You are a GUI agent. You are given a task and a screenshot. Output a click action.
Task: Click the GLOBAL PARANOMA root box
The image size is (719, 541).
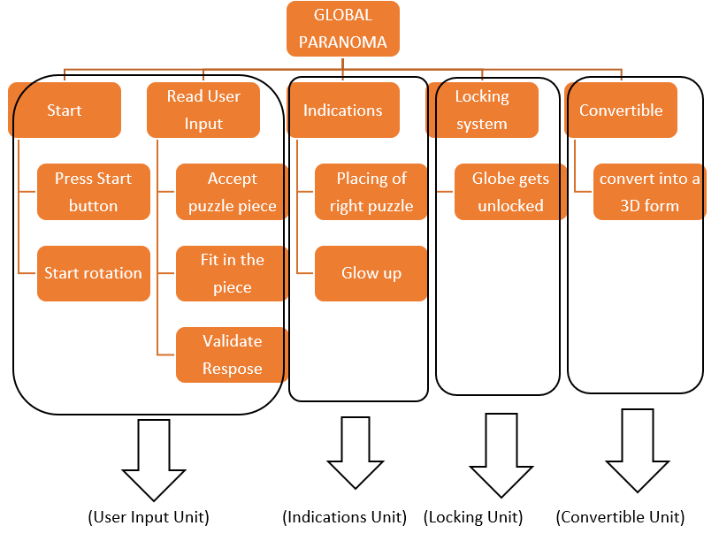coord(342,28)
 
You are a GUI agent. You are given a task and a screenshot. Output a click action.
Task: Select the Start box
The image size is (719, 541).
coord(65,110)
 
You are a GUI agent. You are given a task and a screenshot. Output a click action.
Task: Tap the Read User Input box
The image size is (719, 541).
coord(203,110)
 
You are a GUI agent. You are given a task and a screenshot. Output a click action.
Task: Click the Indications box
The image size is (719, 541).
coord(343,110)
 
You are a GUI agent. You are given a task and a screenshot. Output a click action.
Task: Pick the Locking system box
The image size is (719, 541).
coord(482,110)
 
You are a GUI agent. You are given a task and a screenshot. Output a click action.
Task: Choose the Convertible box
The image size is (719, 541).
coord(621,110)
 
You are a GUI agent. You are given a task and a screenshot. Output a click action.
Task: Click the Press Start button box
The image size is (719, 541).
coord(94,192)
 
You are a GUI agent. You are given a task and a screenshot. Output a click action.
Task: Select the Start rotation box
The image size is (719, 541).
coord(94,273)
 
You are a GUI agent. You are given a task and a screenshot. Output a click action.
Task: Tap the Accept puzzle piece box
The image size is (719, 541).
coord(232,192)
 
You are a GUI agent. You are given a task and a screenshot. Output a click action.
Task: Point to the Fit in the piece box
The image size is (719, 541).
coord(232,273)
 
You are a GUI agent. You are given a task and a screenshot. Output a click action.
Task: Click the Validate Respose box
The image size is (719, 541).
coord(232,354)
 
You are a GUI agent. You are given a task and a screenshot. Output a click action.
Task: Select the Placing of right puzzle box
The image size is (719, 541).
coord(371,192)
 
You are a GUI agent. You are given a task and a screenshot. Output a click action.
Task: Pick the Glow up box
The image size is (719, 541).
coord(371,273)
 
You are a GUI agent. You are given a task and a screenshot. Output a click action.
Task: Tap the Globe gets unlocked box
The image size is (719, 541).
coord(510,192)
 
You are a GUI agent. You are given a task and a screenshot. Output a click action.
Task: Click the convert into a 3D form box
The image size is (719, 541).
coord(649,192)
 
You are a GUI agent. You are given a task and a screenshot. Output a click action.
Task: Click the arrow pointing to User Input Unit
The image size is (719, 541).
coord(154,460)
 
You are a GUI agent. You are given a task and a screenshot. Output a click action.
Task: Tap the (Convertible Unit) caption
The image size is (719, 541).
coord(620,517)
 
